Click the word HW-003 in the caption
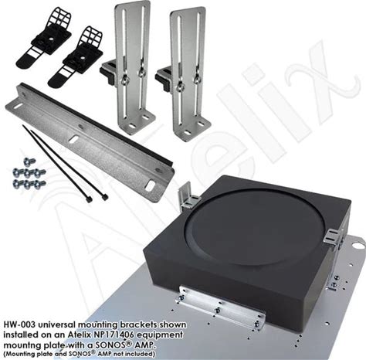[x=19, y=325]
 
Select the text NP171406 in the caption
[x=117, y=335]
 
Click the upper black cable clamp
[x=43, y=38]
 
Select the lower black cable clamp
[x=75, y=56]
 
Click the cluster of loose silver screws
[x=29, y=175]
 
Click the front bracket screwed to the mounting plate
[x=220, y=308]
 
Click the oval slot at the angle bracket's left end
[x=17, y=106]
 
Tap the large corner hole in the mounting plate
[x=358, y=245]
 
